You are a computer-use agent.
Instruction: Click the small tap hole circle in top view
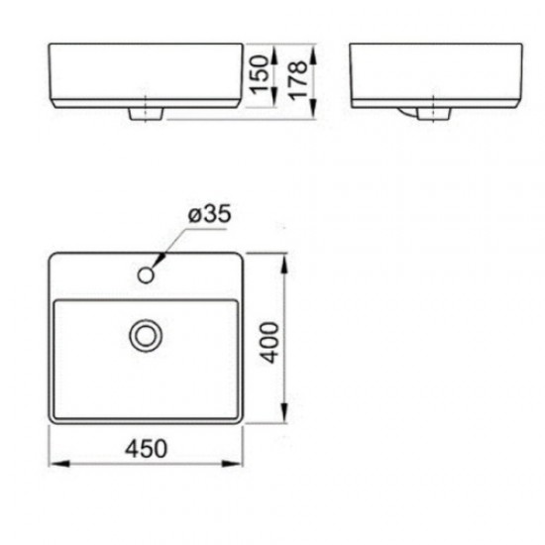[x=149, y=272]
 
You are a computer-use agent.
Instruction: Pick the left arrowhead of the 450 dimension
[x=55, y=462]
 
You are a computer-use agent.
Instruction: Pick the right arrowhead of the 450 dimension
[x=238, y=462]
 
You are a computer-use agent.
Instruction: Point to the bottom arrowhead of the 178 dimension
[x=313, y=116]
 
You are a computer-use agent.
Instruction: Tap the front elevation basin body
[x=146, y=74]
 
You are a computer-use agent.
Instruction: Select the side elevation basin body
[x=434, y=74]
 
